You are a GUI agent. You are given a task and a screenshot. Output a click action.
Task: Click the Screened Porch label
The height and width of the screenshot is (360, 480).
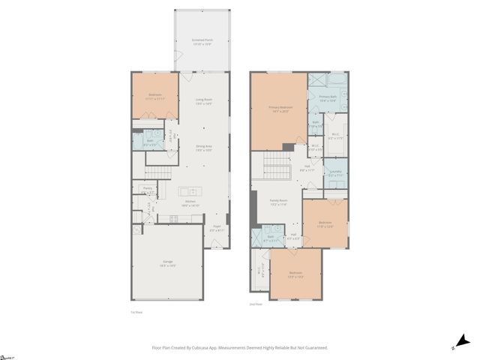point(202,42)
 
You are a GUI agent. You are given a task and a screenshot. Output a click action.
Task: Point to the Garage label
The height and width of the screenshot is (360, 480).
point(168,263)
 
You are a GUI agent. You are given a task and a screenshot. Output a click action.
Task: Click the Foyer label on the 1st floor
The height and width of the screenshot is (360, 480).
point(217,228)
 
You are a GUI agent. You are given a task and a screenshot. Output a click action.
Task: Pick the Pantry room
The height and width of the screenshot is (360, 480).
point(148,190)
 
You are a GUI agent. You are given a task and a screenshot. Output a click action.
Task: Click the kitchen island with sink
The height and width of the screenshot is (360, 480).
point(190,191)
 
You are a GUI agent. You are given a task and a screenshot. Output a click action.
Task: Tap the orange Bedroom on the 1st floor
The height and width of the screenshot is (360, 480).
point(155,94)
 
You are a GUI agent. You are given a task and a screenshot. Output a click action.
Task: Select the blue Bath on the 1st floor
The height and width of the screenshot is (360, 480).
point(148,140)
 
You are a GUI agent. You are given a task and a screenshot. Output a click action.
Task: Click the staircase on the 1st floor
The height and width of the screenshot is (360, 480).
point(158,173)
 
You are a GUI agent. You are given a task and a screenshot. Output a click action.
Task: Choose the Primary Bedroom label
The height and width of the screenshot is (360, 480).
point(279,109)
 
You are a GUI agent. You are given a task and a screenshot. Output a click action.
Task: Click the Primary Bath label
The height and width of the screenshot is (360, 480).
point(328,98)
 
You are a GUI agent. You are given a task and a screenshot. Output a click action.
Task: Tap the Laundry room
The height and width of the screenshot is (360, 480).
point(335,173)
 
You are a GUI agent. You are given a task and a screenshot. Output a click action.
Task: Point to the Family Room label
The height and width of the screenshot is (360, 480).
point(278,202)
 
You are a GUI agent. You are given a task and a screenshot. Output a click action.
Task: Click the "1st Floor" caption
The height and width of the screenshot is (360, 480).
point(136,313)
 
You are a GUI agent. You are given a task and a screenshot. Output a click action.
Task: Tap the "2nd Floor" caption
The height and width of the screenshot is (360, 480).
point(255,304)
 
